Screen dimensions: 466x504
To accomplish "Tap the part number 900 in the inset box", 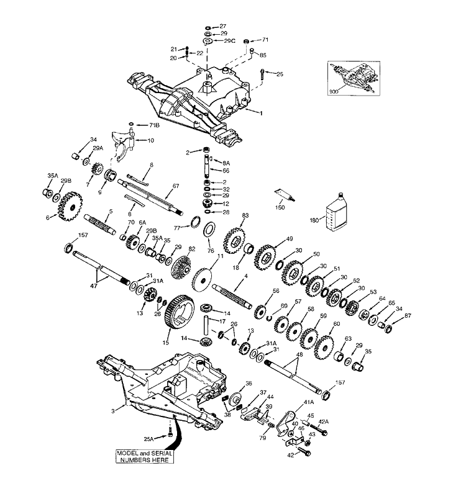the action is click(334, 92).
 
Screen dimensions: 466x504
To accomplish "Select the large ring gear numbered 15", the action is click(180, 312).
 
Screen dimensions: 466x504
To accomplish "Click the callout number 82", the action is click(192, 248).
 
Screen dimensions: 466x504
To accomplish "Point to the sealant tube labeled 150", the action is click(285, 196).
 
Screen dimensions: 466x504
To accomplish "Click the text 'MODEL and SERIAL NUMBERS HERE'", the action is click(145, 456).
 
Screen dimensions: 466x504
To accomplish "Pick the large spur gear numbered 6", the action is click(70, 206).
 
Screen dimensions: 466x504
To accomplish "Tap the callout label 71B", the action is click(155, 125).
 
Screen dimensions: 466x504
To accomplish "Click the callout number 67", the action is click(176, 186).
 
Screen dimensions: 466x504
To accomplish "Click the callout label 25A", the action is click(149, 439).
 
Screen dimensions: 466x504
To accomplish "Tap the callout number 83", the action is click(245, 215).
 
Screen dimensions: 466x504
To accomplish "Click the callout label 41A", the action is click(309, 402).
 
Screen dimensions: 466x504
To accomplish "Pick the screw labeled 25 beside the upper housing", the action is click(262, 74).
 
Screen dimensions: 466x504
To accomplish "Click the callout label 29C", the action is click(230, 41).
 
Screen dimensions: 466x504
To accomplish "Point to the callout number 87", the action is click(408, 316).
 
